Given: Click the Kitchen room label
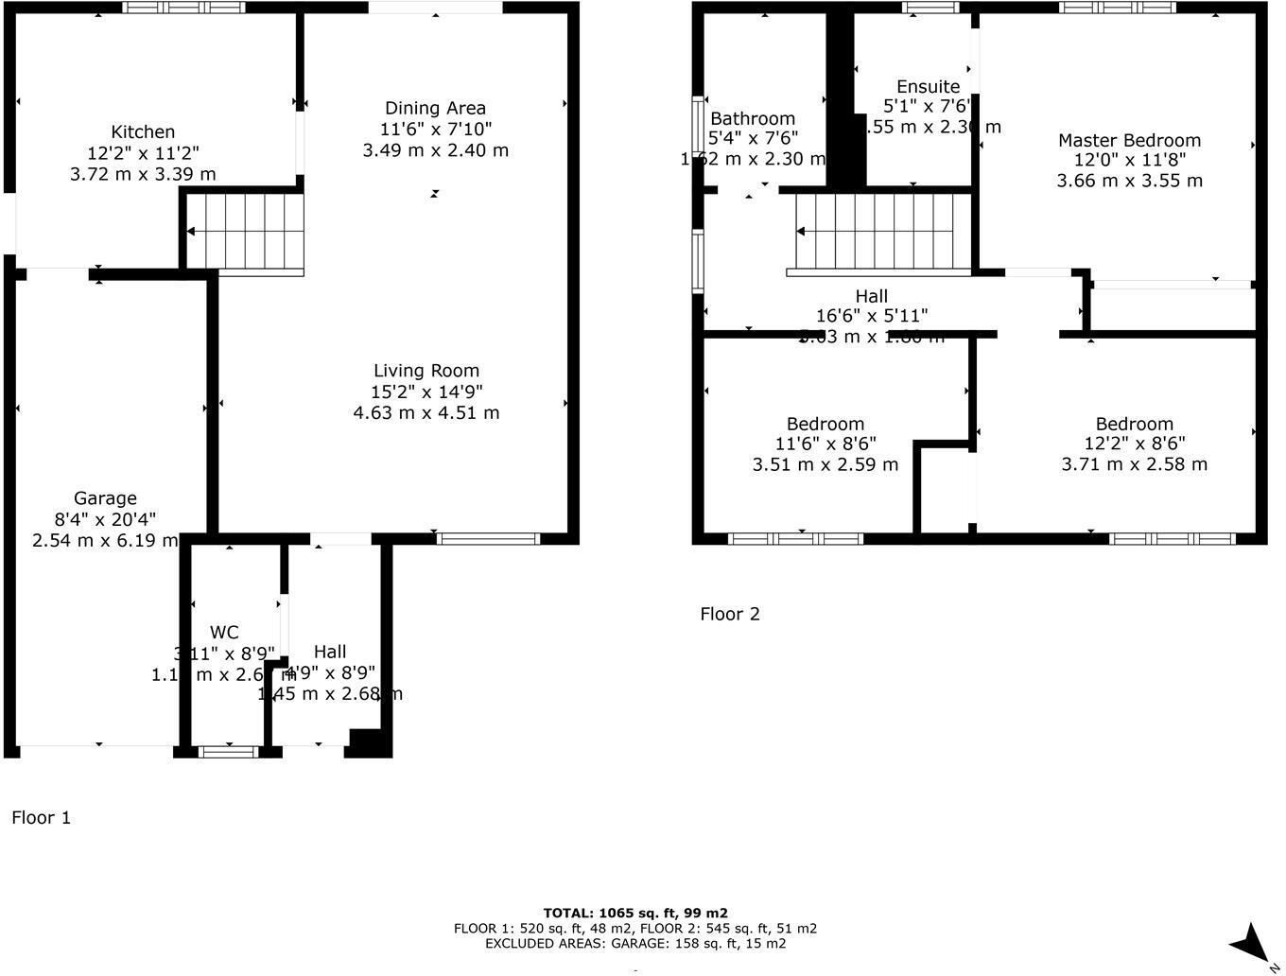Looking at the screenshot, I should tap(143, 132).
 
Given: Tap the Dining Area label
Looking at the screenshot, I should tap(435, 108).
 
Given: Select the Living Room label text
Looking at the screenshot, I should tap(426, 371).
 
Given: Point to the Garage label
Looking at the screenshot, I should tap(105, 498).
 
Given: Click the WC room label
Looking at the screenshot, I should tap(224, 633).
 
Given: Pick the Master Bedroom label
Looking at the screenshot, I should tap(1129, 141).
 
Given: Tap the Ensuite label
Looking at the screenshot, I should tap(928, 87).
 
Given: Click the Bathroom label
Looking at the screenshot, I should tap(753, 118).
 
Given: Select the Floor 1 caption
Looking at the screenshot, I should tap(41, 818).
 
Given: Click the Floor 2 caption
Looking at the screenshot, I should tap(729, 614).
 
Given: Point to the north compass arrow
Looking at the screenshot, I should tap(1252, 944).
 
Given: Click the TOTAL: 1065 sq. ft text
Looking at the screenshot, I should tap(635, 913).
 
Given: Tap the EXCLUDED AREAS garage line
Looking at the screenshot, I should tap(635, 943).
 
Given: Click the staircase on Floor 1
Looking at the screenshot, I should tap(245, 232).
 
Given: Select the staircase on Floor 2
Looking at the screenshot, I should tap(883, 232).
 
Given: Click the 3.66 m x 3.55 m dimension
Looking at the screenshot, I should tap(1129, 181).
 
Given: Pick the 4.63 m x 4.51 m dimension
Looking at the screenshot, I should tap(426, 412).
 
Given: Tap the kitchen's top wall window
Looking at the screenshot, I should tap(183, 8).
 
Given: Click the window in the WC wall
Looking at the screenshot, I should tap(228, 752).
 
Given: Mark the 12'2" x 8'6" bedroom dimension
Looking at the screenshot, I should tap(1134, 444).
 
